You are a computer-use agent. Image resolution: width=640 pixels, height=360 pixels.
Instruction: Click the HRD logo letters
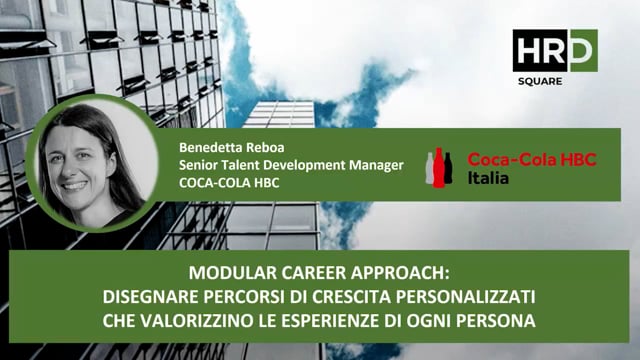point(554,50)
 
